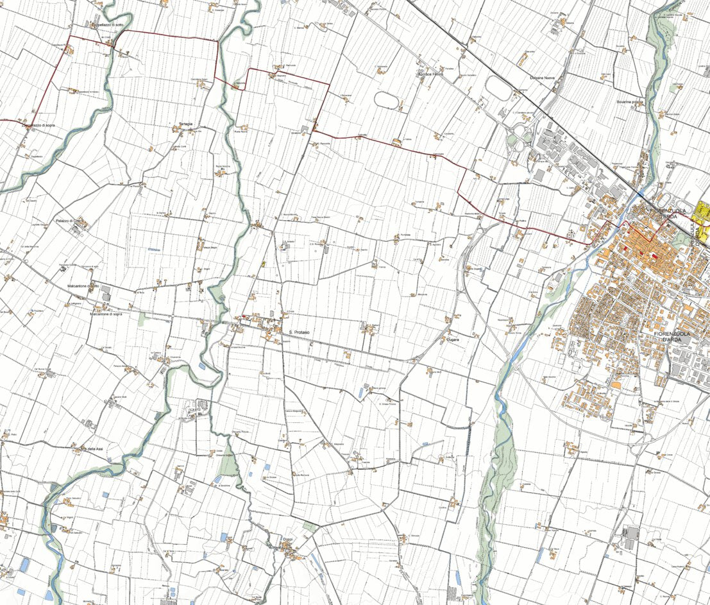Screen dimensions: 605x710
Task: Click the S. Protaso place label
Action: (x=300, y=332)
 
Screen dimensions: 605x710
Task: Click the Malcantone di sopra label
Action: (x=106, y=314)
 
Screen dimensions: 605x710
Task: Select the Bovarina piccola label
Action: (x=629, y=101)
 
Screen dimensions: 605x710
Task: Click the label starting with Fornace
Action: (x=430, y=74)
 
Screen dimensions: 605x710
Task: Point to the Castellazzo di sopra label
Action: (x=38, y=125)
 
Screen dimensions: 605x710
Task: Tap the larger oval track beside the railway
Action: (x=499, y=88)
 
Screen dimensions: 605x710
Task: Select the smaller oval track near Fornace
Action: (x=385, y=99)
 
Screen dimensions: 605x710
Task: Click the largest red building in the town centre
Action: (x=654, y=257)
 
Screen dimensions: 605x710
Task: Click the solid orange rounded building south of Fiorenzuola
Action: (x=616, y=384)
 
